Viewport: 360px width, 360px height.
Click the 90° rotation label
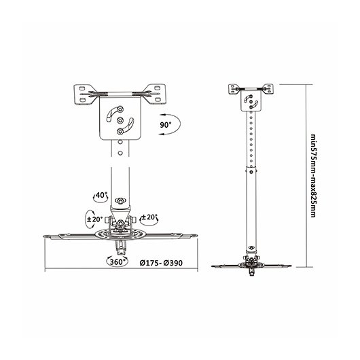coord(166,125)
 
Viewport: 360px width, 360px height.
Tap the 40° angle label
coord(101,195)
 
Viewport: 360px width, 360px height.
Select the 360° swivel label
coord(118,262)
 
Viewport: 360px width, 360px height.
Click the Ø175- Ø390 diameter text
coord(161,263)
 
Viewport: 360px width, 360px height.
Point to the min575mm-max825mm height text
coord(313,176)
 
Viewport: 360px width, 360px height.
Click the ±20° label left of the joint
coord(94,219)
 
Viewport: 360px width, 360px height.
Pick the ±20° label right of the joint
coord(149,217)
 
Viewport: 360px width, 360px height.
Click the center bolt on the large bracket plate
coord(120,120)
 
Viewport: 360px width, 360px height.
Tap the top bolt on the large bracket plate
coord(120,109)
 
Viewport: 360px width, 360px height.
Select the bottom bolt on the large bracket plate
coord(120,131)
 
